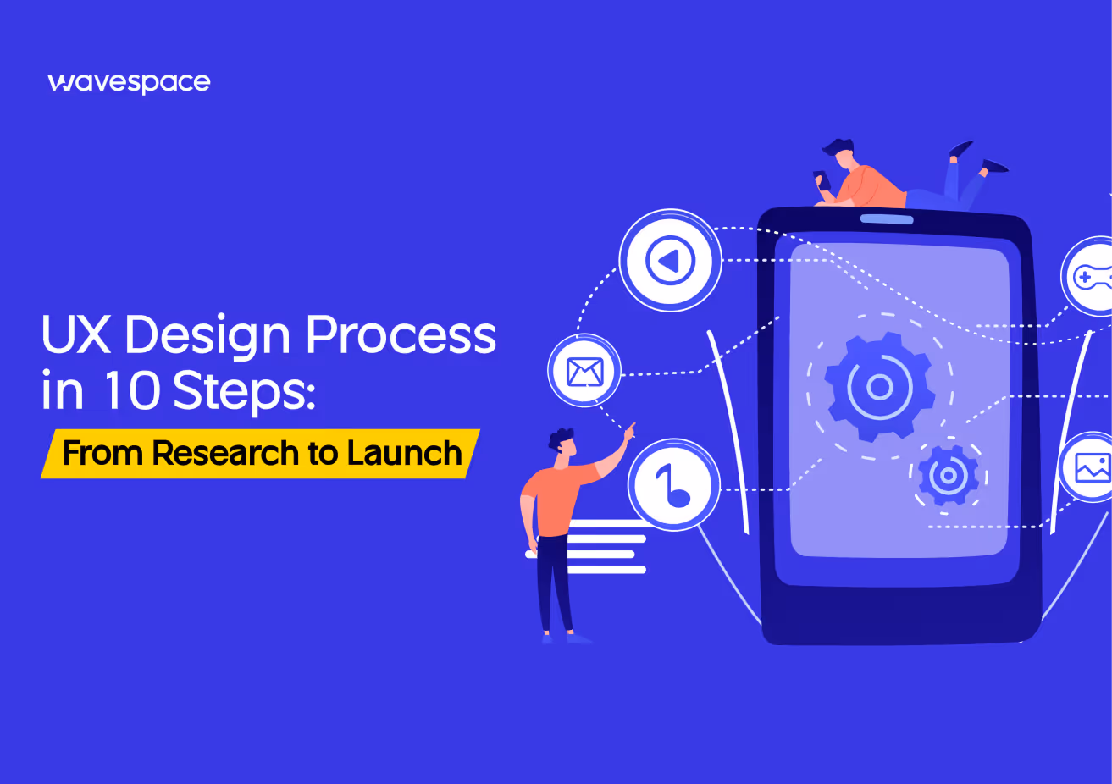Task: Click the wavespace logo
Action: coord(129,82)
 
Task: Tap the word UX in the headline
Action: coord(76,335)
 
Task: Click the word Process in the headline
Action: coord(401,335)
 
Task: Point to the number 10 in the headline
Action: coord(131,390)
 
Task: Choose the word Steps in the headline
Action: coord(243,392)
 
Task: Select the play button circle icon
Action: coord(670,261)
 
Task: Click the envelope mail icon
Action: coord(584,371)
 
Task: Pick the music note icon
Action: coord(674,484)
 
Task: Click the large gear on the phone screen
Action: coord(879,387)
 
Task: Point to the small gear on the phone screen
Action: coord(949,476)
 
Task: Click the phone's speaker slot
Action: coord(887,219)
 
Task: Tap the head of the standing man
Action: coord(562,444)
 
